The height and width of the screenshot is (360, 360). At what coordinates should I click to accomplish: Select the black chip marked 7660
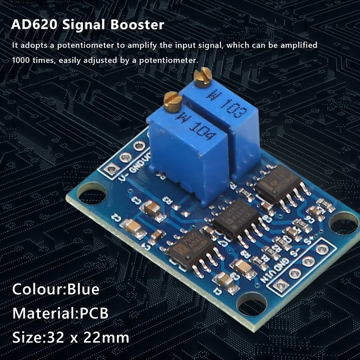[x=189, y=248]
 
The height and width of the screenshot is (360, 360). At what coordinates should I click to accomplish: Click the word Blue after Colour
[x=83, y=288]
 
